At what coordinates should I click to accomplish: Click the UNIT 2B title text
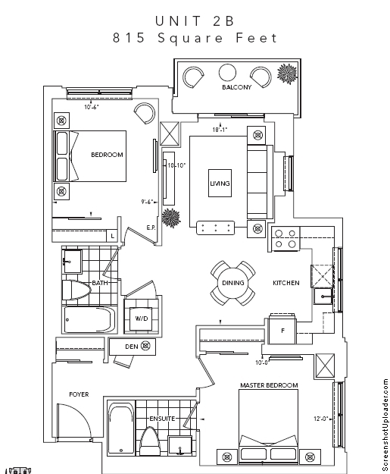pos(195,20)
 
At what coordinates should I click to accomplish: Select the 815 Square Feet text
pos(195,39)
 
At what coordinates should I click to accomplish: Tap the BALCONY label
pos(236,87)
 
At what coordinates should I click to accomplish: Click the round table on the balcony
pos(228,74)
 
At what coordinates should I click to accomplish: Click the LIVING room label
pos(220,184)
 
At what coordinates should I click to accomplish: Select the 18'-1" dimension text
pos(220,130)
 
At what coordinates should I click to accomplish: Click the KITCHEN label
pos(285,283)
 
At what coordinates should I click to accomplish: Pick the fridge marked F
pos(282,331)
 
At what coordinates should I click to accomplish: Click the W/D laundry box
pos(142,319)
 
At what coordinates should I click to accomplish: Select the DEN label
pos(130,347)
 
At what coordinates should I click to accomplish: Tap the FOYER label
pos(80,394)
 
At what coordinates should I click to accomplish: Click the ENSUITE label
pos(162,418)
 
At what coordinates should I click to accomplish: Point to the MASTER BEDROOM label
pos(268,385)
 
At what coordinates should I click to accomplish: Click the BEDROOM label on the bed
pos(107,155)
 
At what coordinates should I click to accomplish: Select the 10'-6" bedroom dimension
pos(92,107)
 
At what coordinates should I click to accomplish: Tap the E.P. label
pos(151,228)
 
